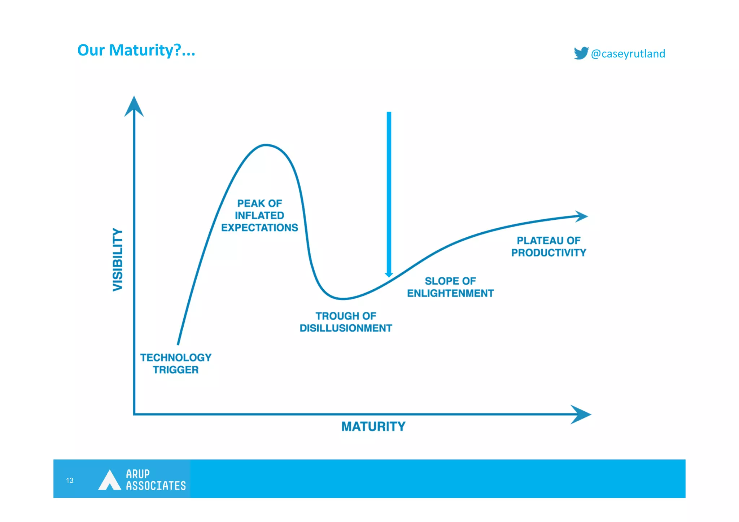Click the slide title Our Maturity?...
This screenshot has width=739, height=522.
pos(136,50)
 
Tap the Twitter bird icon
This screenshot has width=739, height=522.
pos(581,53)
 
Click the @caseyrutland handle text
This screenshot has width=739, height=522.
pos(628,54)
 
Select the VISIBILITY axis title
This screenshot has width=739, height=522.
pos(118,259)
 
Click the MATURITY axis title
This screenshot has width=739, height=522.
pos(373,426)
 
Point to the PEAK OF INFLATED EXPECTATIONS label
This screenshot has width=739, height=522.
pos(259,215)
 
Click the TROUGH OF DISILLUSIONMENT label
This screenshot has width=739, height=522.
pos(346,322)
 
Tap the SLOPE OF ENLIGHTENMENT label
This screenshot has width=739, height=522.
pos(450,287)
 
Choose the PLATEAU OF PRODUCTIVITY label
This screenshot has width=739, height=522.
pos(548,247)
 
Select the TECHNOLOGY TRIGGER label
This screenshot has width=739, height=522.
pos(176,364)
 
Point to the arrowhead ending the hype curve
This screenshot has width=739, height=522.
pos(581,216)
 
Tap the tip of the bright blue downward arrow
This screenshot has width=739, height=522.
pos(389,276)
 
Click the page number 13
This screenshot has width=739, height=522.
pos(70,480)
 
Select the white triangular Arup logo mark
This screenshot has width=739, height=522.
pos(109,481)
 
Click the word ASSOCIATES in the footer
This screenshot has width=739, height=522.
pos(156,486)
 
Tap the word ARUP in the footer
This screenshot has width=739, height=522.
pos(137,474)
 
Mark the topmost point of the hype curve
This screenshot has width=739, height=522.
pos(266,145)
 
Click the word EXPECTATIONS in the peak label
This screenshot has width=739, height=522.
pos(259,228)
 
